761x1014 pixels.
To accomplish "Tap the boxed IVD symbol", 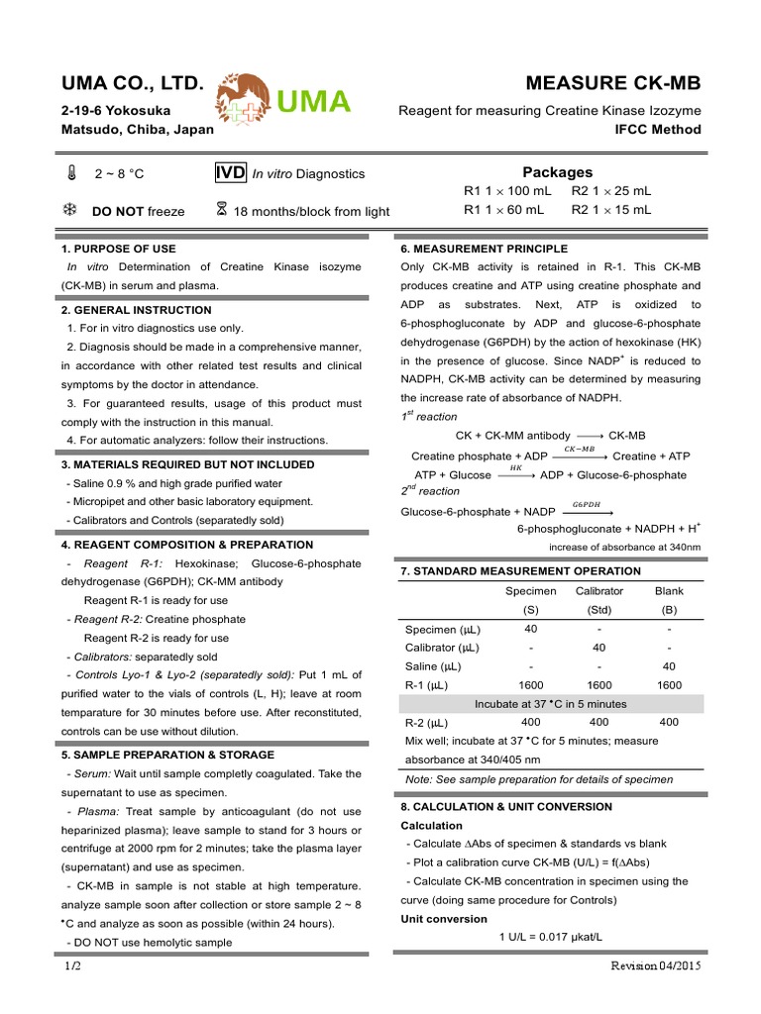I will (230, 173).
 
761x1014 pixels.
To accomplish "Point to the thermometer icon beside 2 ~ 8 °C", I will (72, 174).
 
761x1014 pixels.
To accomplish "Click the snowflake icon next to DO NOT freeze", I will (70, 210).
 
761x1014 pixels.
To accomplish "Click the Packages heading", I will (557, 172).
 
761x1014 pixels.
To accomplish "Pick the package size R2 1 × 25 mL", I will (611, 191).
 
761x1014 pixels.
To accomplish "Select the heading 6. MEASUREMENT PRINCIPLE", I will (484, 248).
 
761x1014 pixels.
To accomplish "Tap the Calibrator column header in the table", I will (598, 591).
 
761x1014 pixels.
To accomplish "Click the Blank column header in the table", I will (669, 591).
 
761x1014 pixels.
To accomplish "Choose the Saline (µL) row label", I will (428, 665).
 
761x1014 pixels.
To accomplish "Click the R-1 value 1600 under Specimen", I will (530, 684).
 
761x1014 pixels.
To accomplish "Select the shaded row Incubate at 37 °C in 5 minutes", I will (551, 704).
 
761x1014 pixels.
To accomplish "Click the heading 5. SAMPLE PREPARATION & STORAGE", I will (167, 755).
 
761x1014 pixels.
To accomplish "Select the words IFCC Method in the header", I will (658, 130).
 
